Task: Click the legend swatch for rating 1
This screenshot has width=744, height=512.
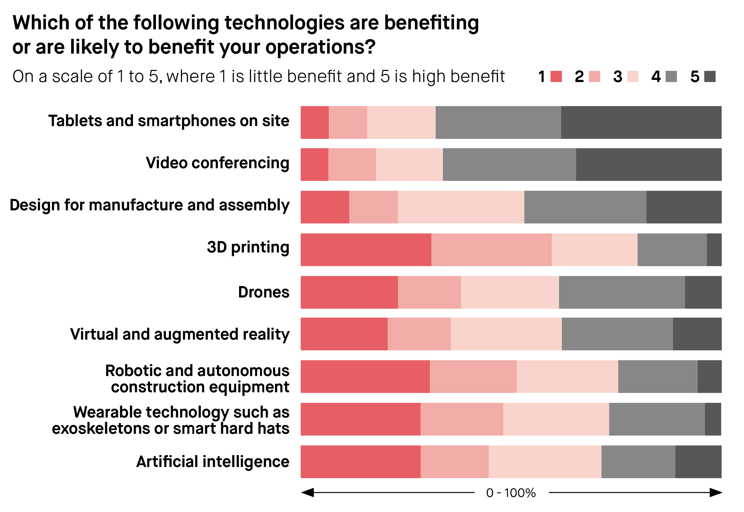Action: (556, 76)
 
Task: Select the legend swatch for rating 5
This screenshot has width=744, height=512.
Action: (709, 76)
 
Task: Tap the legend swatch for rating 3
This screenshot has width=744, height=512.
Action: (632, 76)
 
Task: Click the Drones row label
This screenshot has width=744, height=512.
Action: (264, 292)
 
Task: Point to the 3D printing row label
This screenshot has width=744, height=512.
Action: (248, 247)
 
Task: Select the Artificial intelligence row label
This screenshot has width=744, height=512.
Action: (213, 462)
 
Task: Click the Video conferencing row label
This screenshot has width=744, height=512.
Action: (217, 163)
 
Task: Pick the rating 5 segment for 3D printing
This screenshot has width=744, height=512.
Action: (714, 250)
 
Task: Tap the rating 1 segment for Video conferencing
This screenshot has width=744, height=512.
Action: (314, 165)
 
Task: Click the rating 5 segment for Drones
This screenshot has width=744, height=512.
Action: (703, 292)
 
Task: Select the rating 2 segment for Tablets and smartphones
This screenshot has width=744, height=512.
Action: (348, 122)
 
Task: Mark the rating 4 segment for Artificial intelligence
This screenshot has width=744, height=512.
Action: (638, 462)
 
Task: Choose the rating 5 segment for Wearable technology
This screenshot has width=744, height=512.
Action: (713, 419)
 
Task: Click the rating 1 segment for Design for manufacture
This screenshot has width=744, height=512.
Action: (325, 207)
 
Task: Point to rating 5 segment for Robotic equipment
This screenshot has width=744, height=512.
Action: (709, 376)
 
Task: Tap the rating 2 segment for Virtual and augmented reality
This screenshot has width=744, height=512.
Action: (419, 334)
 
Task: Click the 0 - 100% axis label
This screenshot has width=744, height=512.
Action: (511, 493)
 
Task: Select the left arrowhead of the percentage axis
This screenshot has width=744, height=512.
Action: (307, 493)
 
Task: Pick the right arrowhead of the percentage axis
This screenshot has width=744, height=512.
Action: (716, 493)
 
